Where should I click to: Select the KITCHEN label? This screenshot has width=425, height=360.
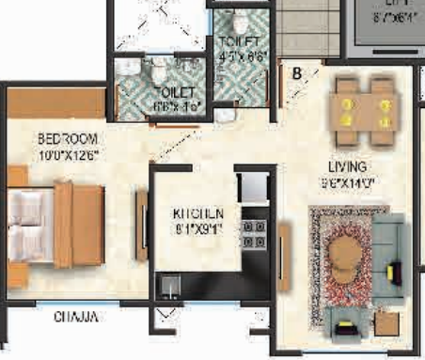pyautogui.click(x=197, y=212)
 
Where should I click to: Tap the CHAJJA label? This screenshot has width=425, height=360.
pyautogui.click(x=75, y=317)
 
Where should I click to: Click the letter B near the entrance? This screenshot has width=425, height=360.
pyautogui.click(x=297, y=71)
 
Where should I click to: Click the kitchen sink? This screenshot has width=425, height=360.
pyautogui.click(x=170, y=283)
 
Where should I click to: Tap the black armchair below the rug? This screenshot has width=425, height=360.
pyautogui.click(x=349, y=328)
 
